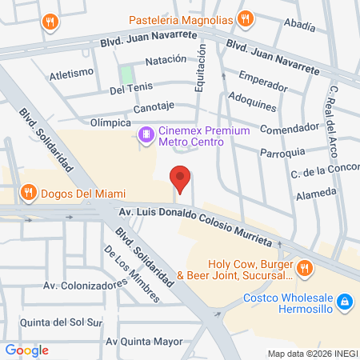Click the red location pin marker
(x=181, y=179)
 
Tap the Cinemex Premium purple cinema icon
(x=146, y=134)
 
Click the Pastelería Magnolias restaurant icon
(x=246, y=18)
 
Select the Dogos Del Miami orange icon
(x=28, y=192)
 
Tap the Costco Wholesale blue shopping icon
(x=344, y=302)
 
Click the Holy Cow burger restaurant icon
(x=304, y=267)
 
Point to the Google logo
(x=26, y=350)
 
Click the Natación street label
(x=165, y=60)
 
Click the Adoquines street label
(x=253, y=105)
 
